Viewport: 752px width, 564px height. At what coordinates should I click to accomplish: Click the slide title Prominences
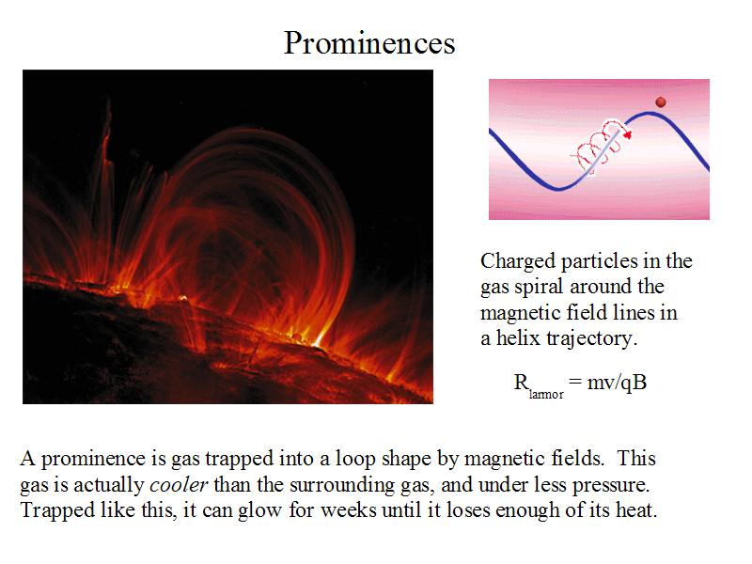(x=369, y=43)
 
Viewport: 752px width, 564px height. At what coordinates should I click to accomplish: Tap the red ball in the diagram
(x=661, y=102)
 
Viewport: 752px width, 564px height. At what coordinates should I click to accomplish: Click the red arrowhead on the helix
(x=627, y=134)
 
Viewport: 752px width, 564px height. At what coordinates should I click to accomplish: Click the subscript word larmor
(x=546, y=394)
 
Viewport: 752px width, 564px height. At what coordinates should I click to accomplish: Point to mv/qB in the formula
(x=618, y=383)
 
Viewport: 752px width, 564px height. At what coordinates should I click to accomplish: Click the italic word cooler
(x=179, y=484)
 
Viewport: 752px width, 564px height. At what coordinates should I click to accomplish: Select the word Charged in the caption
(x=518, y=262)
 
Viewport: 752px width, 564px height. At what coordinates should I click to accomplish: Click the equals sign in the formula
(x=575, y=383)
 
